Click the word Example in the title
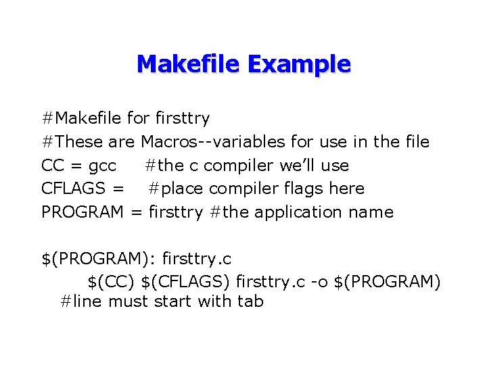click(299, 64)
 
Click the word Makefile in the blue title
click(189, 64)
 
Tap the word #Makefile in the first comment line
click(83, 119)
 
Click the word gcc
click(102, 166)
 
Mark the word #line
click(80, 301)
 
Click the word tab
click(250, 301)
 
